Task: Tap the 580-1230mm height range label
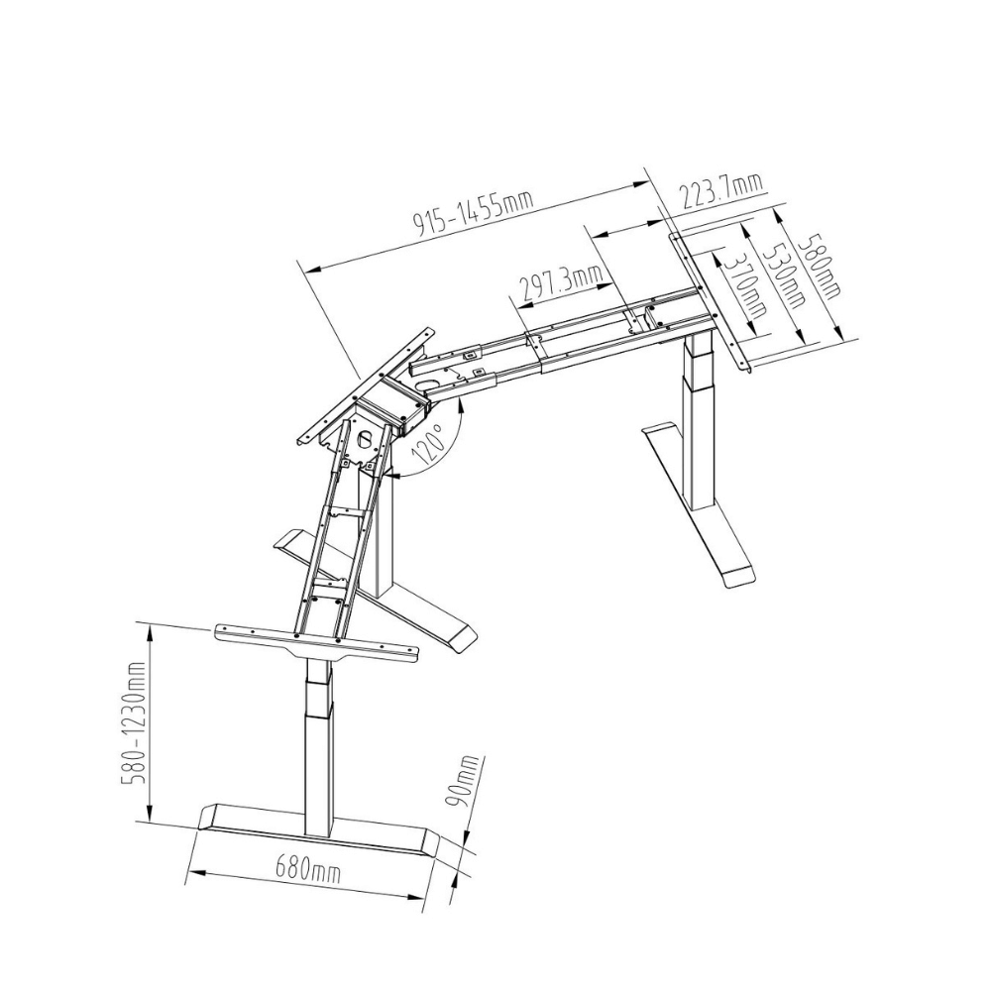pyautogui.click(x=135, y=723)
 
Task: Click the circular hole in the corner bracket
pyautogui.click(x=366, y=439)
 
